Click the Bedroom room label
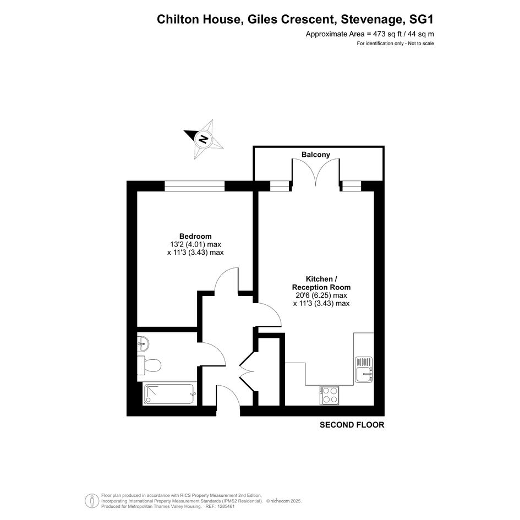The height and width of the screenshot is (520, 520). point(195,236)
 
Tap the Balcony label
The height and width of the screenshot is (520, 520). point(316,155)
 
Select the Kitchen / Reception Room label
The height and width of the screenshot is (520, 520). point(321,283)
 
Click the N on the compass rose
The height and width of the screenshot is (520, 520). point(203,139)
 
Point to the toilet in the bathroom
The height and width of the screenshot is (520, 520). point(149,365)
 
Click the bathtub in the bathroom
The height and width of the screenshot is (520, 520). point(168,395)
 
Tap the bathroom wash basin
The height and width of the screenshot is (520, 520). point(143,343)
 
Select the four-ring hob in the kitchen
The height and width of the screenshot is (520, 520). point(329,395)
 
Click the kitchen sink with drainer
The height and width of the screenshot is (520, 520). point(364,369)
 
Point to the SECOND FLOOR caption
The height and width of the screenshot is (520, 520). point(352,425)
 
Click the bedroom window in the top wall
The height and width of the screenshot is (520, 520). point(195,186)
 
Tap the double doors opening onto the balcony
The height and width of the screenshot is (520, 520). point(316,172)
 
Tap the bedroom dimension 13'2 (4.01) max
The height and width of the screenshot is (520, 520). point(195,244)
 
